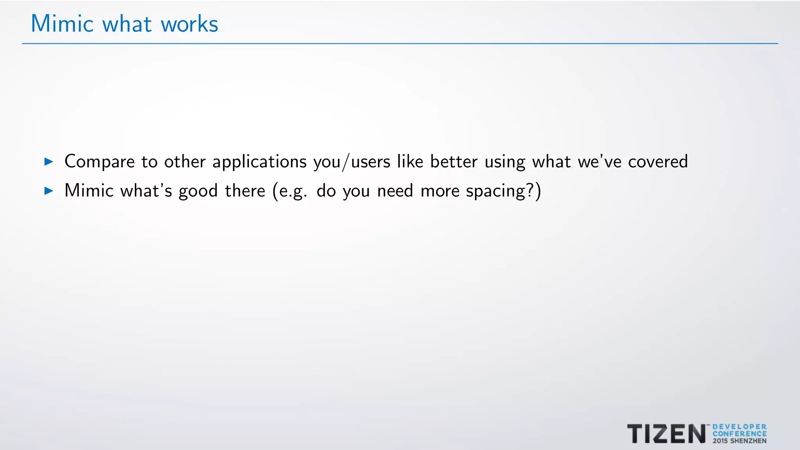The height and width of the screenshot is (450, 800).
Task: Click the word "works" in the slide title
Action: (189, 24)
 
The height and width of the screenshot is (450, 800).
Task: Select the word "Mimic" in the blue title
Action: (62, 24)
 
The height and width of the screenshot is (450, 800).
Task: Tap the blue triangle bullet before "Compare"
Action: (49, 161)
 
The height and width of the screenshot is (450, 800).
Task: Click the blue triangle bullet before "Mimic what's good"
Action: (49, 191)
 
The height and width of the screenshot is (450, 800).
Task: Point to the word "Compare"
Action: (99, 162)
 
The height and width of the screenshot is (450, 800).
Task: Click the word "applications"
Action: (259, 162)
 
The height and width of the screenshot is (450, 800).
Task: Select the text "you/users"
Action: (352, 162)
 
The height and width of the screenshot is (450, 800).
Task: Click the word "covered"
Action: (657, 161)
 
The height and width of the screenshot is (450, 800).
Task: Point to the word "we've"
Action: (599, 161)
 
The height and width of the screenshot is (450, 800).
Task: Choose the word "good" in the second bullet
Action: (198, 191)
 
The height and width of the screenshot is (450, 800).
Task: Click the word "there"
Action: (245, 191)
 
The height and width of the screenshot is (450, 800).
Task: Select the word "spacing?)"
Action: (504, 191)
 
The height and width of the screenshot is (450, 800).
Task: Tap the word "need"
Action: (395, 191)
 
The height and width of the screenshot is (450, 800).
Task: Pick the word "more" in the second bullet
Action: (440, 191)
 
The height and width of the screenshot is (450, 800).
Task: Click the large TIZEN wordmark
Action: (666, 434)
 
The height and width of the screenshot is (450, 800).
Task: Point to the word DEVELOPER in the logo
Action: (739, 427)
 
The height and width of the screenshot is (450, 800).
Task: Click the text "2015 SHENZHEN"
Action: (739, 441)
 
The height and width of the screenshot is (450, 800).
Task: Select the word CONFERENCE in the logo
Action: (739, 434)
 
